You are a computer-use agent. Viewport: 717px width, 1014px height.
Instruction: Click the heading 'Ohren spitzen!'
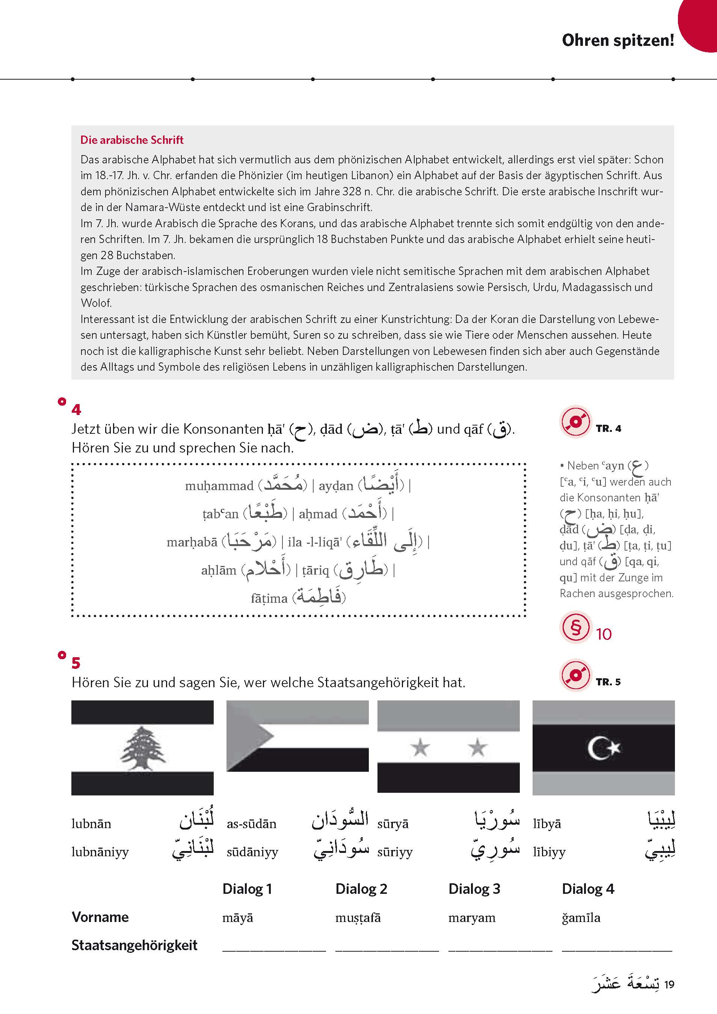pos(617,40)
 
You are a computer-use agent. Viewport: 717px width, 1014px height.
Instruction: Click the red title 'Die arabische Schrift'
pos(132,140)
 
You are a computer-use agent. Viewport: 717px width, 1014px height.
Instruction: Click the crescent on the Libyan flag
pos(597,748)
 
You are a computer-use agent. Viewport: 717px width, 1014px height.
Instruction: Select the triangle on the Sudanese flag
pos(248,736)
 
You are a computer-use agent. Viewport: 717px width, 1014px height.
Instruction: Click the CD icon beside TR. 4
pos(575,422)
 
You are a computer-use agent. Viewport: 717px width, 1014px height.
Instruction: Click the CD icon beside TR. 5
pos(575,675)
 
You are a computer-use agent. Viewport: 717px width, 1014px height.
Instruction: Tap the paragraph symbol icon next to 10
pos(575,627)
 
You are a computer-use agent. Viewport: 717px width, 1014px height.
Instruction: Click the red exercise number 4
pos(76,409)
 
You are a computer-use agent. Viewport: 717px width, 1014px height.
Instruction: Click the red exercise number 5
pos(76,663)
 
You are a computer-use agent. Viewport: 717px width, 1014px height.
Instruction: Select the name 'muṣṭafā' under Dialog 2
pos(358,918)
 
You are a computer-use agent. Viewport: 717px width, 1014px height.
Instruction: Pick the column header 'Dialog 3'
pos(474,889)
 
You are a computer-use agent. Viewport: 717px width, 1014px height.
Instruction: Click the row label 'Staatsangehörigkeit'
pos(134,945)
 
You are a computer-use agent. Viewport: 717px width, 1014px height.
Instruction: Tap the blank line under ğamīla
pos(616,949)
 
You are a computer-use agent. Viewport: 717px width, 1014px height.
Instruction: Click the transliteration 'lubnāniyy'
pos(100,852)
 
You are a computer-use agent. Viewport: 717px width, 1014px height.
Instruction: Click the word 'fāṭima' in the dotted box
pos(269,598)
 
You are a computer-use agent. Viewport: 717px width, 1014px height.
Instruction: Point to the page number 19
pos(669,984)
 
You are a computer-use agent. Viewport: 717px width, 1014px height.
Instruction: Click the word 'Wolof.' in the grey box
pos(96,303)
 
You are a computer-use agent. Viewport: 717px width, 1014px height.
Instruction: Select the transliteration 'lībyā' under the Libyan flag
pos(546,824)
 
